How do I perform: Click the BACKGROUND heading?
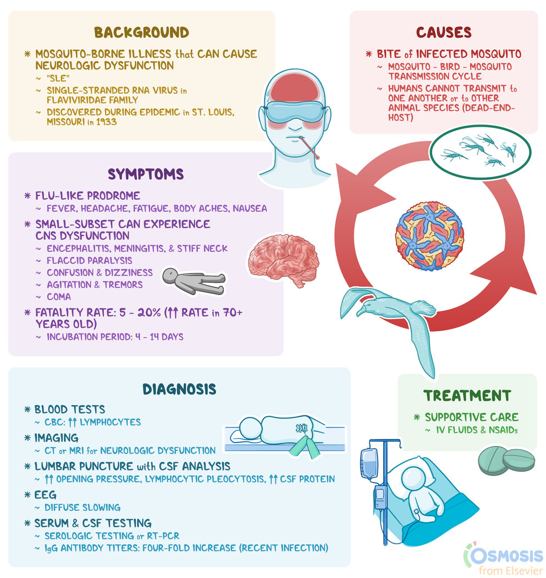coord(142,32)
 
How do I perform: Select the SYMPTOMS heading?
coord(146,174)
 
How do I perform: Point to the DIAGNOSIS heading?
coord(179,388)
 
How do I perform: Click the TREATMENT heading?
coord(467,395)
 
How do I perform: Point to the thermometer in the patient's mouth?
coord(309,148)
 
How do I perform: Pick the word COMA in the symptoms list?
coord(59,297)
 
